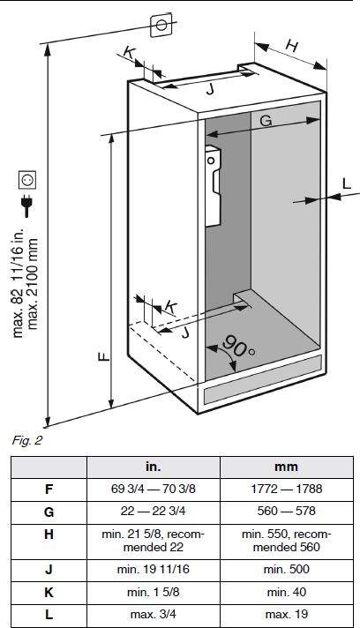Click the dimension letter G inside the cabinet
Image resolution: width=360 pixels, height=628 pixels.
(x=266, y=120)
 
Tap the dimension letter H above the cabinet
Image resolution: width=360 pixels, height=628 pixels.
(x=292, y=46)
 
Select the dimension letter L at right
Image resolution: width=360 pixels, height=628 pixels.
(x=347, y=183)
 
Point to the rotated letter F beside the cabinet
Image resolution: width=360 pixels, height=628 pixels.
(x=104, y=356)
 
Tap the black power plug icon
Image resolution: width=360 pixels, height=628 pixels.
(x=27, y=205)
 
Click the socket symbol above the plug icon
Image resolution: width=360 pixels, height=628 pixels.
(x=27, y=180)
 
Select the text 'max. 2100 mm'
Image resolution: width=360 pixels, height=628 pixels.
(x=33, y=284)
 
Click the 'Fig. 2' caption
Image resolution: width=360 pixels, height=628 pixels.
(x=26, y=440)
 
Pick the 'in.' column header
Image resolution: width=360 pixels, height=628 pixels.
(x=154, y=467)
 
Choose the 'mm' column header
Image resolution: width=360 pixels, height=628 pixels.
(x=286, y=467)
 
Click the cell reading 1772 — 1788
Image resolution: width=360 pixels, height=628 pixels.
(x=286, y=489)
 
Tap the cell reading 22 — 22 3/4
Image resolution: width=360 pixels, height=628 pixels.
(x=154, y=511)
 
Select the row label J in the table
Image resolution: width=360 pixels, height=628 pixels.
(x=49, y=569)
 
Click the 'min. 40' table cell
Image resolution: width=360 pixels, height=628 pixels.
(x=286, y=592)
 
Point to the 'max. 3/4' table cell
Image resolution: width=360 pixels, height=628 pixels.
(x=154, y=614)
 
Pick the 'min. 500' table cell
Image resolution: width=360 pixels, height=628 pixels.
(x=286, y=569)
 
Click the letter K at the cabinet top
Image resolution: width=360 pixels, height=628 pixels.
(x=129, y=52)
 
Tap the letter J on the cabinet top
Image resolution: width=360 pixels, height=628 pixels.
(x=210, y=90)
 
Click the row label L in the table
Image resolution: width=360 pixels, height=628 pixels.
(x=49, y=614)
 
